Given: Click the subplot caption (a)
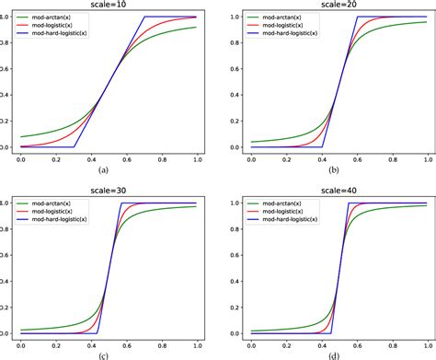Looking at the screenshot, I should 103,169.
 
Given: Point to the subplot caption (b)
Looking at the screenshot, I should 333,169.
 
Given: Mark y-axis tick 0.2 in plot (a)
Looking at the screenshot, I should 7,121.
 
